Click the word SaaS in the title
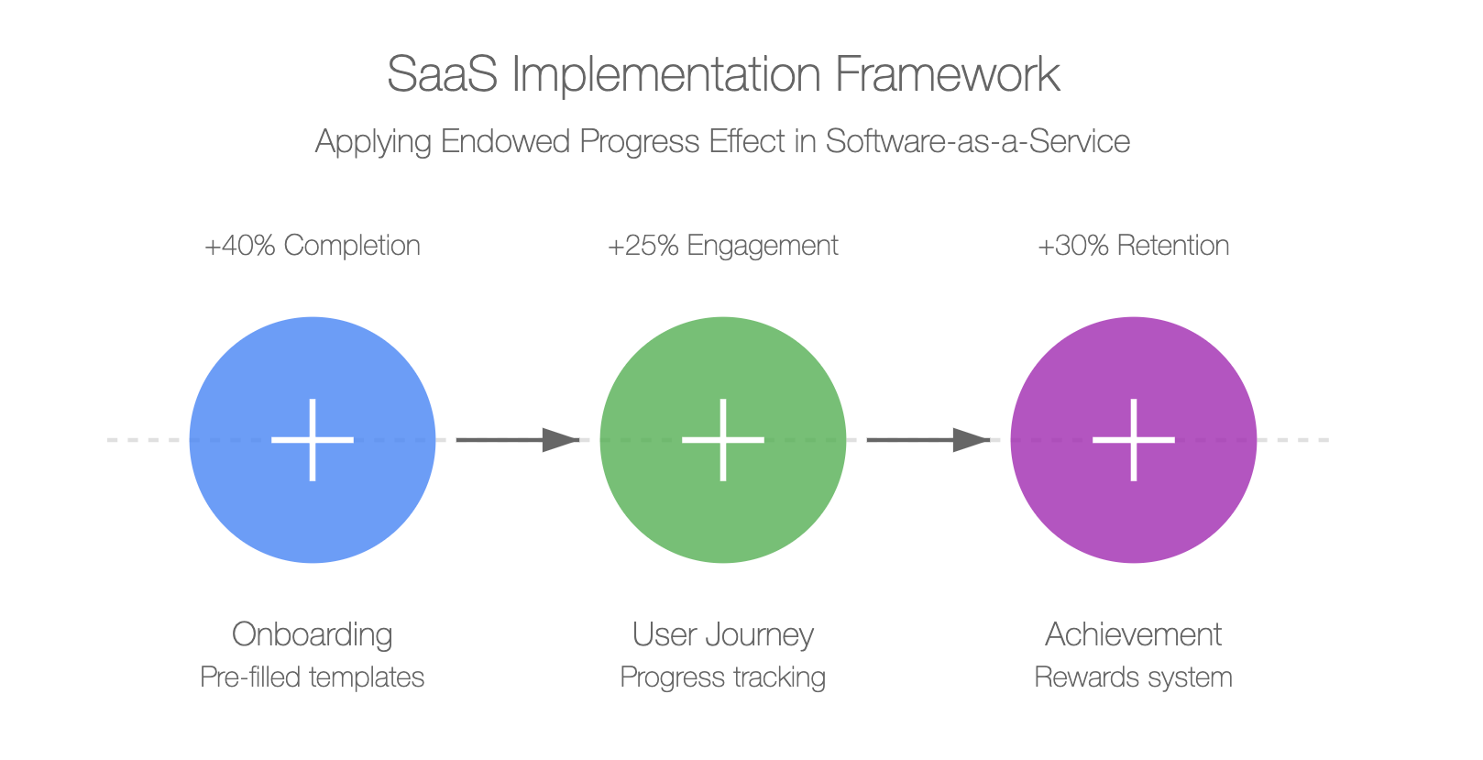pos(443,74)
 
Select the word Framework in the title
pos(947,74)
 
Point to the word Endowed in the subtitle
pos(505,141)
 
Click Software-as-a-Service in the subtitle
pos(977,141)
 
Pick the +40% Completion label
pos(313,246)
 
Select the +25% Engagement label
pos(723,247)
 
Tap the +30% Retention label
pos(1134,246)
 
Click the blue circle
pos(313,439)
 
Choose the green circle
pos(723,439)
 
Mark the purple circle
pos(1134,439)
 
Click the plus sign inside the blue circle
pos(313,439)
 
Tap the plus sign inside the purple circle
pos(1134,439)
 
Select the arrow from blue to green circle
pos(518,439)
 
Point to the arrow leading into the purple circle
pos(928,439)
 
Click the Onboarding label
pos(313,635)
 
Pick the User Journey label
pos(723,635)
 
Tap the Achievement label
pos(1134,634)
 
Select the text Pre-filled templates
pos(313,677)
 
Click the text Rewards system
pos(1134,677)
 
